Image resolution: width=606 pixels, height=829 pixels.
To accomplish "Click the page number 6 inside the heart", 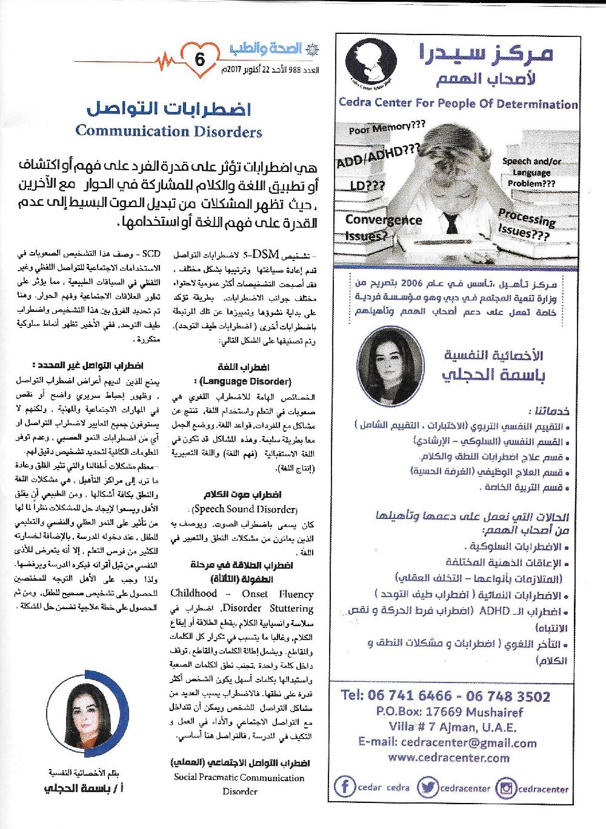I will pyautogui.click(x=199, y=59).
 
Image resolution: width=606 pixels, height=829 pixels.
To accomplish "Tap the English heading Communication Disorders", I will pyautogui.click(x=168, y=131).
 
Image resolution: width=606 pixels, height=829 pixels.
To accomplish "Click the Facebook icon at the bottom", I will pyautogui.click(x=345, y=787).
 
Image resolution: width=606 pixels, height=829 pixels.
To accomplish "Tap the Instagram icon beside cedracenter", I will pyautogui.click(x=505, y=788).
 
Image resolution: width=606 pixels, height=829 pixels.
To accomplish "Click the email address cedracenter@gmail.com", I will pyautogui.click(x=447, y=742).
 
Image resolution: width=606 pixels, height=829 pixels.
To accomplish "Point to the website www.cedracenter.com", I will pyautogui.click(x=448, y=757).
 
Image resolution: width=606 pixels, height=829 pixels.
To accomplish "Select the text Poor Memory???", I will pyautogui.click(x=387, y=127).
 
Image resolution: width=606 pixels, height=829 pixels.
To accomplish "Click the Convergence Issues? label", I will pyautogui.click(x=383, y=227).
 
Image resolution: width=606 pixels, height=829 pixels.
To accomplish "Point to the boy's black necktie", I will pyautogui.click(x=451, y=223).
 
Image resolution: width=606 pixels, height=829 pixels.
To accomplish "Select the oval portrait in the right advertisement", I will pyautogui.click(x=390, y=368).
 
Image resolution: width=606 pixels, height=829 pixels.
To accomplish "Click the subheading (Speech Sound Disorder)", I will pyautogui.click(x=244, y=509).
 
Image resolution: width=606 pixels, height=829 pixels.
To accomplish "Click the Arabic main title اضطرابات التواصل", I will pyautogui.click(x=168, y=110).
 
